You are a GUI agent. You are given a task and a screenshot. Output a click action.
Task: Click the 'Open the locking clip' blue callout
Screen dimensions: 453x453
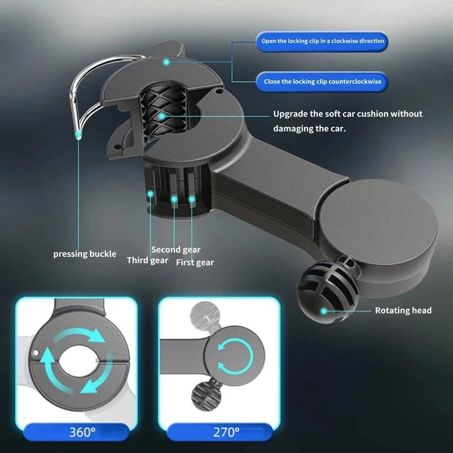(322, 41)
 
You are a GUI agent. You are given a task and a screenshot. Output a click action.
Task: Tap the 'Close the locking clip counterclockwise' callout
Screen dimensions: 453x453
(322, 82)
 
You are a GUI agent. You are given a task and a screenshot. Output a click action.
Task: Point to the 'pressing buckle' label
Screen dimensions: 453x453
(85, 254)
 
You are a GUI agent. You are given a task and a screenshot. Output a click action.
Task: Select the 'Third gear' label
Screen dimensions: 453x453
(147, 260)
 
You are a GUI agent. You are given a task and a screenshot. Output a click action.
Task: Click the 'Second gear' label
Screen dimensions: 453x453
(176, 250)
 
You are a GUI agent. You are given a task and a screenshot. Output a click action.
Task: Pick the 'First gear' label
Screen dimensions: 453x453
(195, 262)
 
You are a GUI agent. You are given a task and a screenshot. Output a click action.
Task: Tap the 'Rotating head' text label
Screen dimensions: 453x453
(403, 310)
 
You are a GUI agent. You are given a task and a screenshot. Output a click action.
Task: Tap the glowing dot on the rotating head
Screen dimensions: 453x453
(324, 310)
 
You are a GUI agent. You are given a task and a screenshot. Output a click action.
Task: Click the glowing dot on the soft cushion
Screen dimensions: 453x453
(162, 117)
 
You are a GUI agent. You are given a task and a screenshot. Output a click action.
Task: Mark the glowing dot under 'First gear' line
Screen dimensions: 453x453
(192, 199)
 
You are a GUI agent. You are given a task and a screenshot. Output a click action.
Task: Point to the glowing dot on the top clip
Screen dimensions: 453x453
(166, 61)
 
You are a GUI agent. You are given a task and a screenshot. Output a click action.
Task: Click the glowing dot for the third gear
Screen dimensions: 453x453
(151, 194)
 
